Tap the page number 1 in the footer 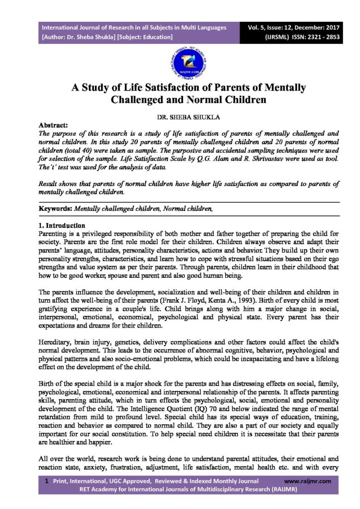pos(47,481)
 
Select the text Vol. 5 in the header pos(263,27)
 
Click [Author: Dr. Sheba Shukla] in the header pos(79,37)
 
